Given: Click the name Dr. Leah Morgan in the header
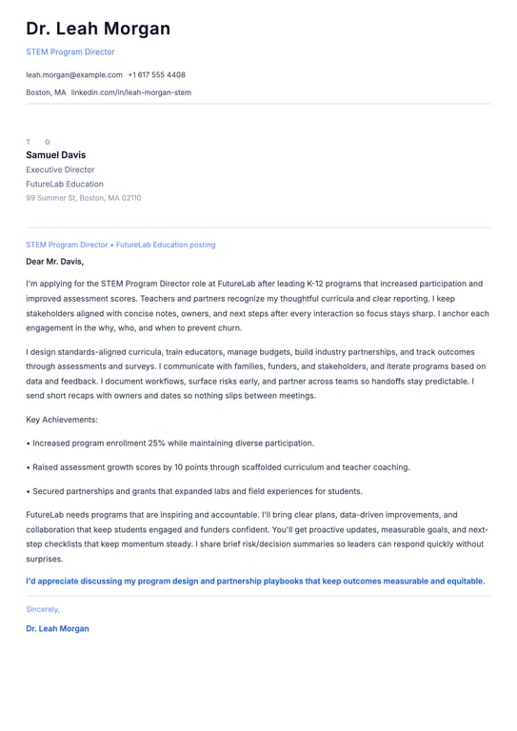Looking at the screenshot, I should (x=98, y=29).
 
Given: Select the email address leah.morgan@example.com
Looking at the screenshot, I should (x=74, y=74).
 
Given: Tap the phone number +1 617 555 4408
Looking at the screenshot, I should (x=156, y=74).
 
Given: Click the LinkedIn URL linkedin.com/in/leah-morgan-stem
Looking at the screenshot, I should (x=131, y=92).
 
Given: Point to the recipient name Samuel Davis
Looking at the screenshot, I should (x=55, y=155).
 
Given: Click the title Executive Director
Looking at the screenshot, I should (x=60, y=169).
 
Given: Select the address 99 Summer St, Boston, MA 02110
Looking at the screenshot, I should (x=83, y=198).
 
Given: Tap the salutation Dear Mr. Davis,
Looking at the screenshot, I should (x=54, y=261).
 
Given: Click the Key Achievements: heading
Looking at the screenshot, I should (x=62, y=420).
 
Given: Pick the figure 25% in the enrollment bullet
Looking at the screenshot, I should (x=157, y=443).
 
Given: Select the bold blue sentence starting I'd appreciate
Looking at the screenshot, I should (x=255, y=581).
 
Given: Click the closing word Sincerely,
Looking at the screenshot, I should (x=43, y=608).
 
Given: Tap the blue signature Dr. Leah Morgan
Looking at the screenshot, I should (x=57, y=628).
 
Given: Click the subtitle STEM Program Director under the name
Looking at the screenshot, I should (x=70, y=52).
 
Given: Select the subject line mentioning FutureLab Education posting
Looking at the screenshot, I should (x=120, y=245).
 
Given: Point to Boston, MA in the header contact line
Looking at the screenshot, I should (x=46, y=92).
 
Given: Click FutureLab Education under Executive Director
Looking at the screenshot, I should (x=65, y=184).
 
